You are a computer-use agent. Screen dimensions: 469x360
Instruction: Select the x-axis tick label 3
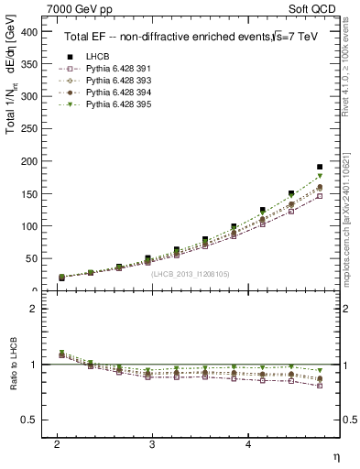152,443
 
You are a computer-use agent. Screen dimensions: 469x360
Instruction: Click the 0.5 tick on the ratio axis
33,420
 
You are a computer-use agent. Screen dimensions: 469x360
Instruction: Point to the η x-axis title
335,455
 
